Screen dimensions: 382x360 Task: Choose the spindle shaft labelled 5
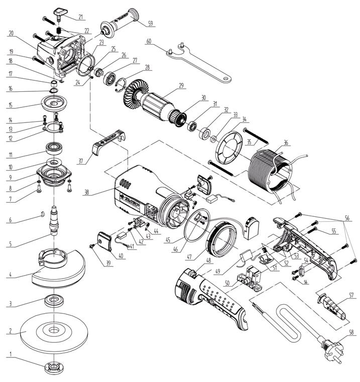click(53, 223)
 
